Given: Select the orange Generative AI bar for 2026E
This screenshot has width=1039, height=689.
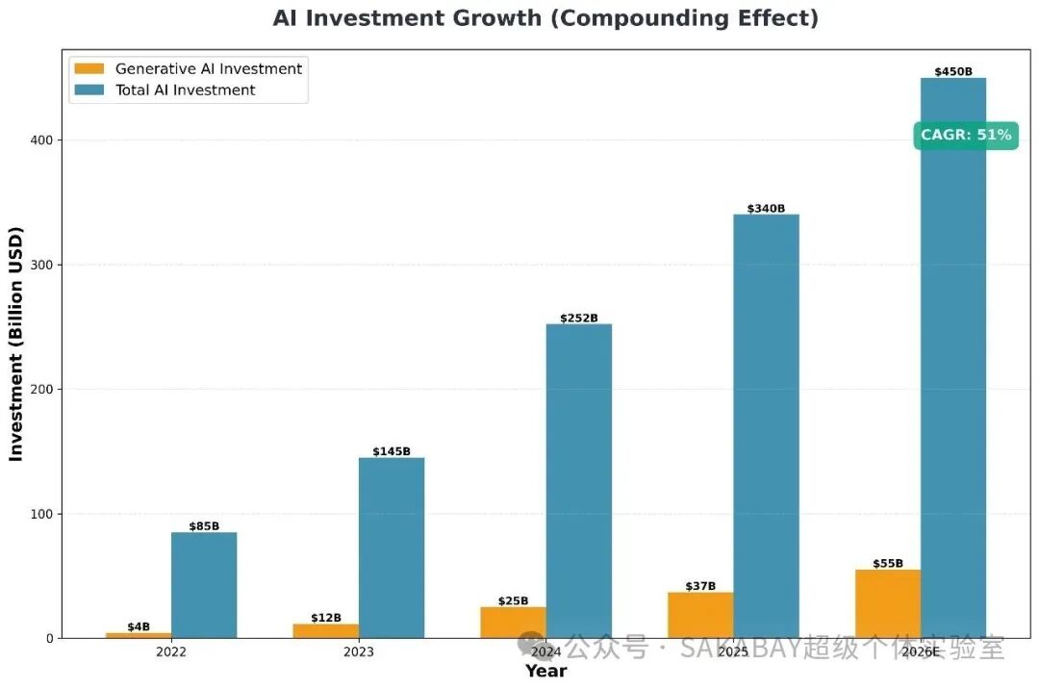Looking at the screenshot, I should click(888, 603).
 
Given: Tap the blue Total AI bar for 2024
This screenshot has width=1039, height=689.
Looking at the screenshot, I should click(579, 481).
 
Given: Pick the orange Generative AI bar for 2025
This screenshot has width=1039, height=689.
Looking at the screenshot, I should click(700, 615).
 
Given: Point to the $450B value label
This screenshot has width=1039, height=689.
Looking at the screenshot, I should click(953, 71).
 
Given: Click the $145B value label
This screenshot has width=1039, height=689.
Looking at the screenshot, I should click(392, 451).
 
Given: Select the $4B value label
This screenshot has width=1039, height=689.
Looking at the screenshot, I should click(139, 626).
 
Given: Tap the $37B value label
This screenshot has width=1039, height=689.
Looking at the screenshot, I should click(700, 586).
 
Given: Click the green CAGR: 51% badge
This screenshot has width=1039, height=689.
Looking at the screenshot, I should click(966, 135).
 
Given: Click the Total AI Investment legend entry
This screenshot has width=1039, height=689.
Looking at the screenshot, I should click(185, 89).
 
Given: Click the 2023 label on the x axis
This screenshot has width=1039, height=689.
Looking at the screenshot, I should click(359, 651).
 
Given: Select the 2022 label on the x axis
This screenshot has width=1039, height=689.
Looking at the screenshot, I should click(171, 651).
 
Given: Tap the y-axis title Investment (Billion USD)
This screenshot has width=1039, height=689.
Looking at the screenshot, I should click(16, 344).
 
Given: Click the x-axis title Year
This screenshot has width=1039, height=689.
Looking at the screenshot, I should click(545, 671).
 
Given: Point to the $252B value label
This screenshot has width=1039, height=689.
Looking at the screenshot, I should click(579, 318).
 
